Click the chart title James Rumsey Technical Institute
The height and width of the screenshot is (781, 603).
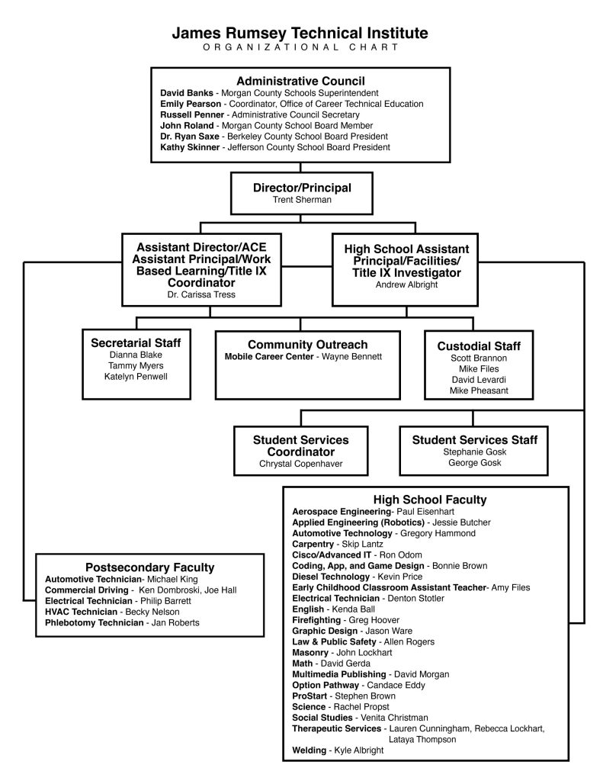click(x=300, y=33)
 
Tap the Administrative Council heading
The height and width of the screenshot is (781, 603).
click(x=300, y=81)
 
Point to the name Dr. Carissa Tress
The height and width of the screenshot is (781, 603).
click(x=200, y=294)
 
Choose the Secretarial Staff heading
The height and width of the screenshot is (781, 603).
click(x=136, y=342)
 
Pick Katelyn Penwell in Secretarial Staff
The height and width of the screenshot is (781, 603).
click(x=136, y=376)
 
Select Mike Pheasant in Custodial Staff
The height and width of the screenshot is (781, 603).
click(x=478, y=390)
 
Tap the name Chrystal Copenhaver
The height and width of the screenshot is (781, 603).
click(x=300, y=464)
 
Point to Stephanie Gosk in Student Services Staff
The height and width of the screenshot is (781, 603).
click(x=474, y=452)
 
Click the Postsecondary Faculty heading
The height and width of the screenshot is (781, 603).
click(x=149, y=567)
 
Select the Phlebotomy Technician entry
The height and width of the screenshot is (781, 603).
click(x=95, y=622)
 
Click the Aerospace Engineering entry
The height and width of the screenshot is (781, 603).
click(x=341, y=511)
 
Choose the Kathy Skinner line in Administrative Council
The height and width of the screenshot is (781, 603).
click(x=274, y=146)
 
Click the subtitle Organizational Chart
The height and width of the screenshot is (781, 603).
click(x=300, y=47)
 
